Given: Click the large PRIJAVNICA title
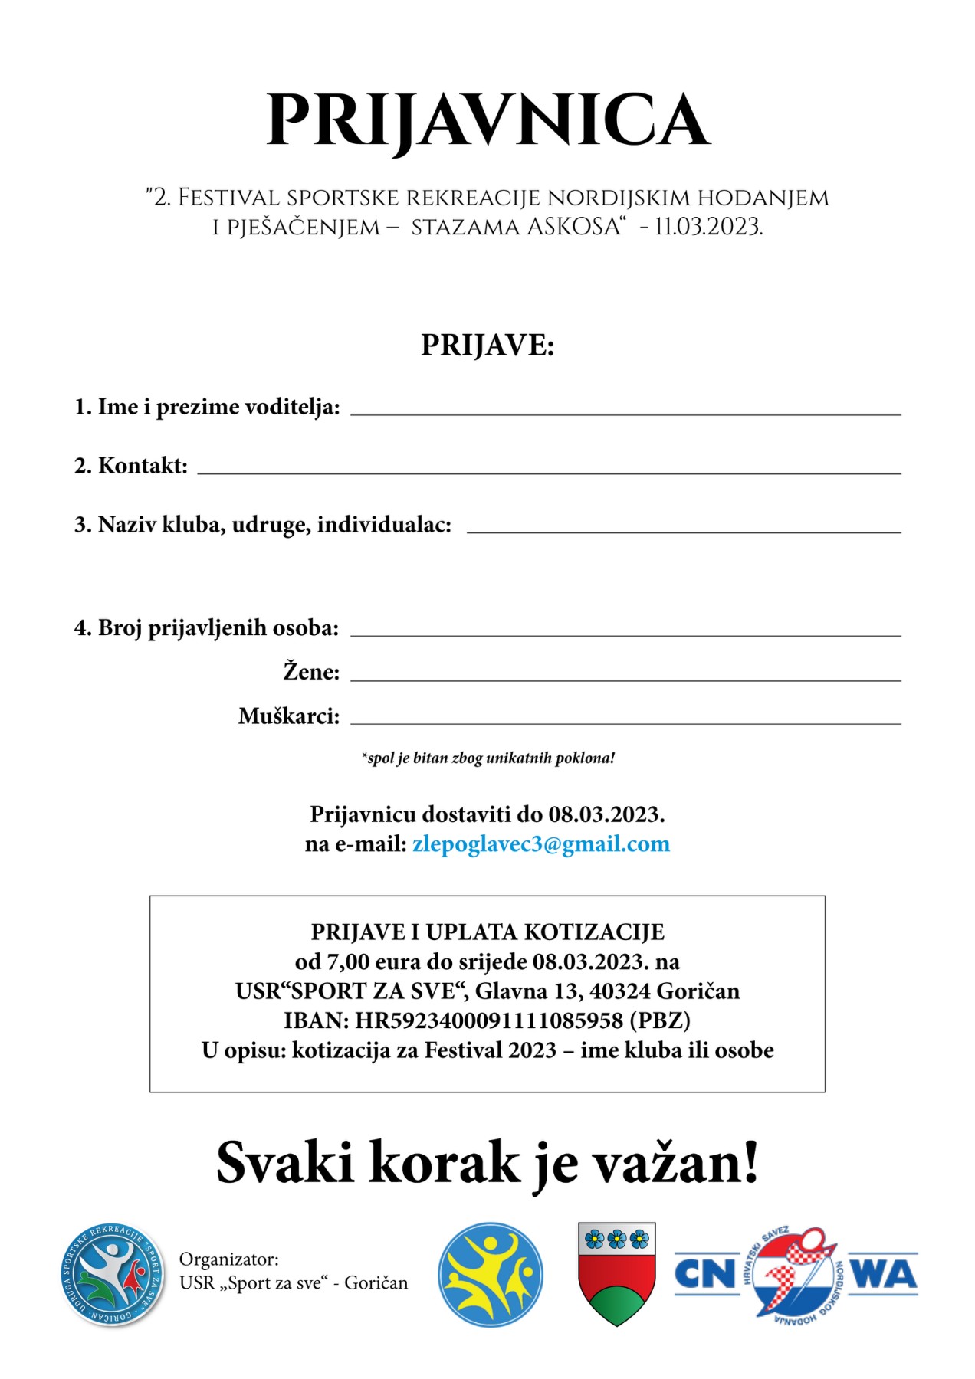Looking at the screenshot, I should pyautogui.click(x=487, y=120).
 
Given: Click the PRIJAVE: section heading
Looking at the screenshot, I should pyautogui.click(x=487, y=346).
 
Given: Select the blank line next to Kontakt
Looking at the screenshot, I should pyautogui.click(x=549, y=471).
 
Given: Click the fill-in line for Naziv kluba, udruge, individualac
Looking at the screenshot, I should pyautogui.click(x=684, y=530).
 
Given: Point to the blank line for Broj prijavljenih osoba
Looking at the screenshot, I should pyautogui.click(x=625, y=634).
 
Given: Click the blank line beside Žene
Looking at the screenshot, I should pyautogui.click(x=625, y=678).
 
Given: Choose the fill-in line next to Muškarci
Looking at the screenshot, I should pyautogui.click(x=625, y=722).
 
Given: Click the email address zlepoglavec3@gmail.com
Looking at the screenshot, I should pyautogui.click(x=541, y=844).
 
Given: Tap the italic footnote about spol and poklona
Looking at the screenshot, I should pyautogui.click(x=488, y=758).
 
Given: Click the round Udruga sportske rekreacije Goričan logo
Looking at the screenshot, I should pyautogui.click(x=113, y=1275).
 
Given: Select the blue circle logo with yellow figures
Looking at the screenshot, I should pyautogui.click(x=491, y=1275).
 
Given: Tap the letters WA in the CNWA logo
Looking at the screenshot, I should pyautogui.click(x=884, y=1274).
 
